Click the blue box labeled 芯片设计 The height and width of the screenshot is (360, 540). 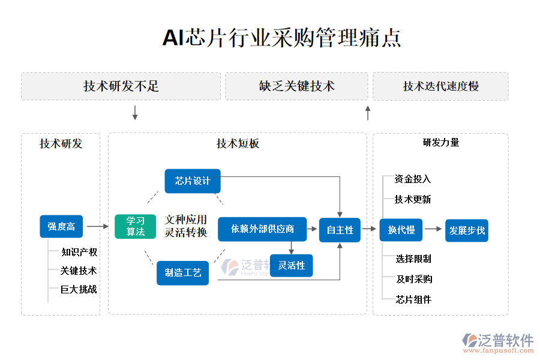193,181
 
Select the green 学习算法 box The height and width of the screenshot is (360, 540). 136,226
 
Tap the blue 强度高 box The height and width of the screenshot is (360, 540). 61,226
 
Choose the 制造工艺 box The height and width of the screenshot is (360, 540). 183,272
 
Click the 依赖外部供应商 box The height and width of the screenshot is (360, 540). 262,229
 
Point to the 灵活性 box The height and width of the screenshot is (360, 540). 291,265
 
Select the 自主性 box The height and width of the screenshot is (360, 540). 340,230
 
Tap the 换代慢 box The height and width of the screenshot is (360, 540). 401,230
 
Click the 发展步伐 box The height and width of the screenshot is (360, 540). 467,230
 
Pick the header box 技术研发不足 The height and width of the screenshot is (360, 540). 121,86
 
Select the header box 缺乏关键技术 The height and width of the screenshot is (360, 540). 296,86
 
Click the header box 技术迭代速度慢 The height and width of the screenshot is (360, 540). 440,86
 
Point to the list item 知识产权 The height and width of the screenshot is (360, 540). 79,252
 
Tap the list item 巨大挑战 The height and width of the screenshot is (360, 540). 79,289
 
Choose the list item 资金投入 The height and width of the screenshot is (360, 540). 413,179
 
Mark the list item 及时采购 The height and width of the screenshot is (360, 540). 414,279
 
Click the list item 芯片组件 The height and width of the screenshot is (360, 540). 414,299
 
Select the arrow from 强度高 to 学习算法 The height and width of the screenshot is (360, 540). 97,226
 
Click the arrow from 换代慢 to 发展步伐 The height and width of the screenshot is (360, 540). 433,229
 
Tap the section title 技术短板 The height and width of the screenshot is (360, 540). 238,143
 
